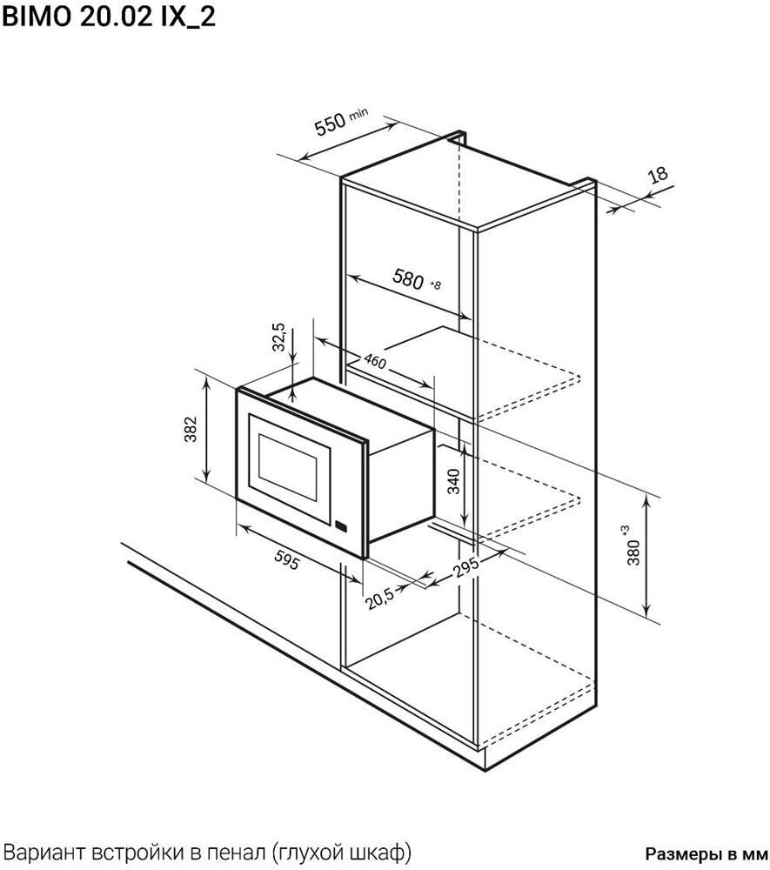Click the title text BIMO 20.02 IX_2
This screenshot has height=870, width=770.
click(109, 17)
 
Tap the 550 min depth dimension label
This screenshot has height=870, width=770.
click(340, 122)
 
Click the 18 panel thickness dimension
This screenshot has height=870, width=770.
click(658, 176)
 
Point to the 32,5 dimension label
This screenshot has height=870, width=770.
click(279, 338)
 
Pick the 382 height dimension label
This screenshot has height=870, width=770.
click(191, 429)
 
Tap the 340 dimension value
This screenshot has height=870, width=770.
click(454, 481)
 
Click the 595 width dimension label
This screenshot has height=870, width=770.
click(287, 561)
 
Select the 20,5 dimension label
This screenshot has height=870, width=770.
click(380, 599)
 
